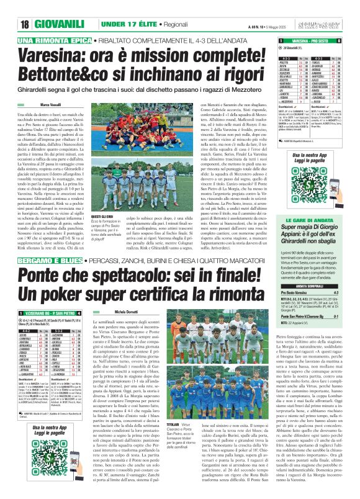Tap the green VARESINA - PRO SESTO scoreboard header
[317, 40]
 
